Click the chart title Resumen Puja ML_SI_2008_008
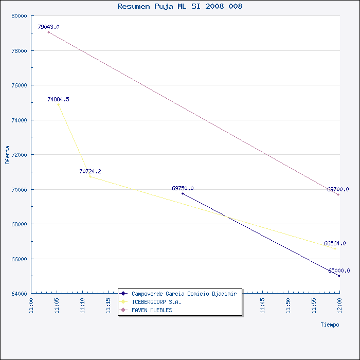(180, 6)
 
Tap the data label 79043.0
(48, 27)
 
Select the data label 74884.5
(58, 99)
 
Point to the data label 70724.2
(90, 171)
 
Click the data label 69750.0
(183, 188)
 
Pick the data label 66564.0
(335, 243)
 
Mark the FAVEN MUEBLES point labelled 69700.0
(338, 195)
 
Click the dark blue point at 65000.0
(339, 276)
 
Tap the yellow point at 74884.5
(58, 105)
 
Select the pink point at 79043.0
(48, 32)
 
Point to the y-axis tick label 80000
(20, 16)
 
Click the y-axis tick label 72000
(20, 155)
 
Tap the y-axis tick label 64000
(20, 294)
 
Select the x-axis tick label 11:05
(57, 305)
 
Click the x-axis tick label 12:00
(339, 305)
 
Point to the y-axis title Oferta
(7, 155)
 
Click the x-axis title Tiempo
(330, 325)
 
